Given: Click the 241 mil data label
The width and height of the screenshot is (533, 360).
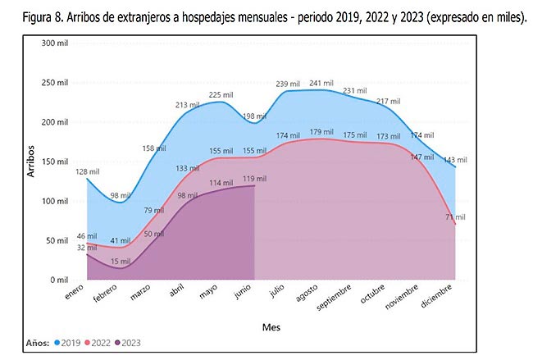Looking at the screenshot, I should [x=321, y=83].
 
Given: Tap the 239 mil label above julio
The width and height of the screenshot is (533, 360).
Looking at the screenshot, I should [x=287, y=84].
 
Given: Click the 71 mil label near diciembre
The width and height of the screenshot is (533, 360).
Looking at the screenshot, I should [x=455, y=217].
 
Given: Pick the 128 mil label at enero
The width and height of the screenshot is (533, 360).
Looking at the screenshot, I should [x=88, y=171].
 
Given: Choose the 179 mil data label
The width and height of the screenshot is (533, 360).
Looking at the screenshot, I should [x=321, y=131].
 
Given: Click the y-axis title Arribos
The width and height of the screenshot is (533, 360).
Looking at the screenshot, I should [x=29, y=161].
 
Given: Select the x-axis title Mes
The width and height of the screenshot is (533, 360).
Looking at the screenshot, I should [x=271, y=326].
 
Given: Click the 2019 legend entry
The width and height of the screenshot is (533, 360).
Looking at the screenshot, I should [x=66, y=342].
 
